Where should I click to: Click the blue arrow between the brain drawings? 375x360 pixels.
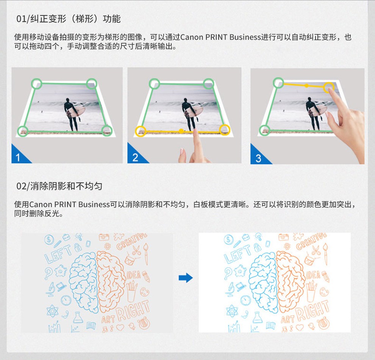[x=186, y=278]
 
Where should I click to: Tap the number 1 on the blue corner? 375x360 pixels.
[x=18, y=158]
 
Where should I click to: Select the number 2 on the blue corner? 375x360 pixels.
[x=135, y=157]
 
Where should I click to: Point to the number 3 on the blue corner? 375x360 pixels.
[x=258, y=159]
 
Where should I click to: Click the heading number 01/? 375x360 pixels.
[x=23, y=19]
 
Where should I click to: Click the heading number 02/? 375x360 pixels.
[x=23, y=186]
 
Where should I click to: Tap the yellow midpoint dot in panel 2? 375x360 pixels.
[x=181, y=131]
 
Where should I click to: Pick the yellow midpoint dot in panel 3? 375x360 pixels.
[x=306, y=85]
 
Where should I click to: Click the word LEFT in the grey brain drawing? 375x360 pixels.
[x=58, y=254]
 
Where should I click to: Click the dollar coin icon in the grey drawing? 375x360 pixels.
[x=49, y=240]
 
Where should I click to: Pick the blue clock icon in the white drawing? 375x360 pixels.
[x=245, y=301]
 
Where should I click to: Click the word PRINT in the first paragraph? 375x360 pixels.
[x=216, y=37]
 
